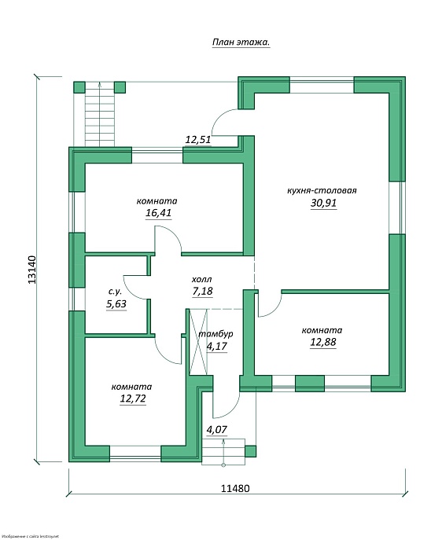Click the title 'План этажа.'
click(241, 42)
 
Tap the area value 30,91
click(323, 203)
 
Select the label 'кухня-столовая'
click(322, 190)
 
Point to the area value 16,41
click(158, 213)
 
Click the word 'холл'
click(201, 279)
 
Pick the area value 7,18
click(203, 291)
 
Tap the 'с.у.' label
click(115, 292)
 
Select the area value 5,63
click(116, 304)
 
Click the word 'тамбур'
click(216, 334)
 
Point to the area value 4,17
click(217, 346)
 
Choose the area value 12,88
click(323, 343)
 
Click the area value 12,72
click(133, 399)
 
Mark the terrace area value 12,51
click(197, 140)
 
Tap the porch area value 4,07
click(217, 430)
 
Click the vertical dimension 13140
click(31, 270)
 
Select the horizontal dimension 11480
click(235, 488)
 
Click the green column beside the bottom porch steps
click(250, 451)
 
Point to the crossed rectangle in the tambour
click(198, 342)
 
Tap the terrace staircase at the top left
click(100, 114)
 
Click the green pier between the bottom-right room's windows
click(310, 384)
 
